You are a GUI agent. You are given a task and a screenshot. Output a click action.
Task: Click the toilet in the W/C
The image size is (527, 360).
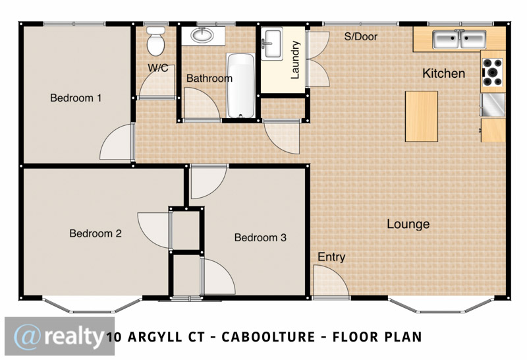click(x=156, y=41)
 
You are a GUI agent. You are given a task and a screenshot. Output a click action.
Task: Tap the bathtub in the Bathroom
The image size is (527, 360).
click(x=240, y=86)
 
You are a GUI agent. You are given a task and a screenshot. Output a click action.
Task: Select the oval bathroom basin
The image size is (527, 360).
click(x=202, y=34)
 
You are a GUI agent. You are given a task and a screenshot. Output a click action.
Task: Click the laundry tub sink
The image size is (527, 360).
click(x=272, y=44)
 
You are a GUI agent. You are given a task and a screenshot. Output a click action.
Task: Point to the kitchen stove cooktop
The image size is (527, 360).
click(x=493, y=72)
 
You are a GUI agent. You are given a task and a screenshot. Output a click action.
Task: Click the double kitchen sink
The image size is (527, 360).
click(x=459, y=40)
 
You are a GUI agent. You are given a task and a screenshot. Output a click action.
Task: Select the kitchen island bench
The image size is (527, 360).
click(x=422, y=117)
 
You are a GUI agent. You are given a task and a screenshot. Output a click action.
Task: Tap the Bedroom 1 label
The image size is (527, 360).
click(x=76, y=98)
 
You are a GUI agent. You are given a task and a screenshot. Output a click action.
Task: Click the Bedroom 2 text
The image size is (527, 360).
click(x=96, y=233)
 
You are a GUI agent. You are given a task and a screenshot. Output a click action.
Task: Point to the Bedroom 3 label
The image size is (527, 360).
click(x=260, y=237)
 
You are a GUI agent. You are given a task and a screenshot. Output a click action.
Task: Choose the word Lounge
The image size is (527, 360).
click(x=408, y=224)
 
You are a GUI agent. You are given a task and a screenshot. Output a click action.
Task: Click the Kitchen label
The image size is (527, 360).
click(x=443, y=73)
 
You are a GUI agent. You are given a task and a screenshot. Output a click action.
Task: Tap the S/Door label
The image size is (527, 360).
click(x=360, y=36)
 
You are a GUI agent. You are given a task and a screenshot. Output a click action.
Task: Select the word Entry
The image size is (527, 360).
click(x=331, y=257)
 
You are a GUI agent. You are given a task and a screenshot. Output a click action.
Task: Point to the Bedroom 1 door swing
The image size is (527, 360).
click(x=116, y=142)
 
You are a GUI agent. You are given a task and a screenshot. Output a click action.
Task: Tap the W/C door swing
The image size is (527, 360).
click(x=157, y=81)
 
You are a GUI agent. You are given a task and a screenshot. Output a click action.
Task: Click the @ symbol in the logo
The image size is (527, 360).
click(x=28, y=336)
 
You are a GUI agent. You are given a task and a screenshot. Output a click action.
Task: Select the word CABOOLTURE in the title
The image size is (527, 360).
click(x=268, y=337)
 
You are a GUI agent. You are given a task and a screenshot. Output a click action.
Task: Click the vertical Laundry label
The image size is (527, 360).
click(x=294, y=60)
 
